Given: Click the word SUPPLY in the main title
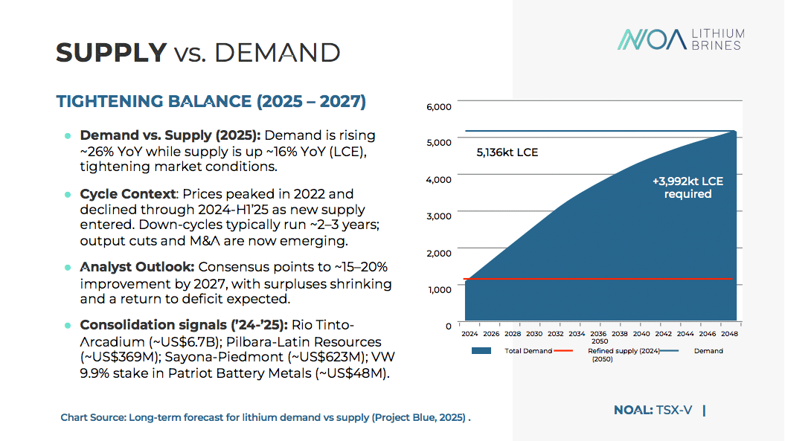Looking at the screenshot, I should pos(112,53).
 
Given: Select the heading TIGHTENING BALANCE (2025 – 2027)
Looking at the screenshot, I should pos(211,102).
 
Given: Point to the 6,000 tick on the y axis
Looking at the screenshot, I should pos(439,106).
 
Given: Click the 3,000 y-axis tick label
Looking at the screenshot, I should pos(439,216).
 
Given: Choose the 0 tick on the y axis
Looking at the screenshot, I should pos(449,326).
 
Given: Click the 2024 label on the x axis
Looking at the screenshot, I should pos(470,335).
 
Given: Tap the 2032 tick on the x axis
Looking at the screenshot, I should pos(555,335).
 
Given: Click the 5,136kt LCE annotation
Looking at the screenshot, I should pos(507,153).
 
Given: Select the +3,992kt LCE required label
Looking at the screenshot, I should pos(688,187).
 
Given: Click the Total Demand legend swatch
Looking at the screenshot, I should pos(481,351).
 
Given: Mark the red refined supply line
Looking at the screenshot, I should pos(595,279).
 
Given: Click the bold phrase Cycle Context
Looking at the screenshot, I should pos(127,194).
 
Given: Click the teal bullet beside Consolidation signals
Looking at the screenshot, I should pos(68,326).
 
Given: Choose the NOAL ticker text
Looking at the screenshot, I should pos(633,410).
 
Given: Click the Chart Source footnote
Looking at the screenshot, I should pos(266,417).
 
